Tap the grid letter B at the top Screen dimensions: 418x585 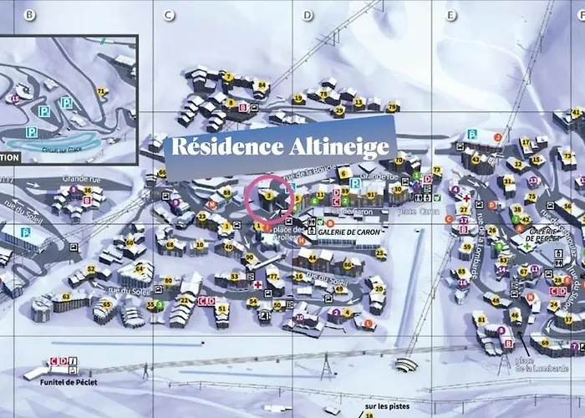[x=30, y=15]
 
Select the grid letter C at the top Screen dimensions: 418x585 [x=169, y=15]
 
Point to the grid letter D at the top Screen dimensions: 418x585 [x=308, y=15]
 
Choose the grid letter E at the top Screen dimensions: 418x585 [x=451, y=15]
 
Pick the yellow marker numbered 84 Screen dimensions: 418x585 [x=262, y=84]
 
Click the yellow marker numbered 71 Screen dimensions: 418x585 [x=102, y=91]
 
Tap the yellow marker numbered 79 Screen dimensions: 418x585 [x=392, y=105]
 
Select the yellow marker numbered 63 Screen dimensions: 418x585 [x=66, y=296]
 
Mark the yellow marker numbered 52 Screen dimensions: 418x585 [x=91, y=269]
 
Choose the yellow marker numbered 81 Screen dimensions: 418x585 [x=481, y=319]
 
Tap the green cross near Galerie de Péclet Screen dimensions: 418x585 [x=526, y=247]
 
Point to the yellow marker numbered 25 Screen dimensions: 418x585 [x=380, y=252]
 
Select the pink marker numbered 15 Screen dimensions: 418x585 [x=14, y=99]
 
